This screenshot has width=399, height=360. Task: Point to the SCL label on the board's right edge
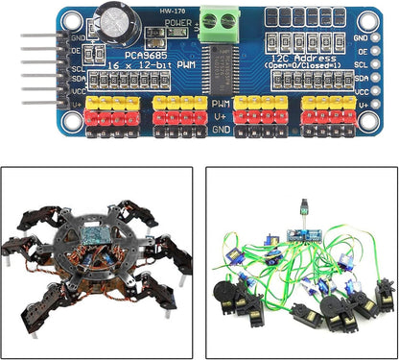pyautogui.click(x=362, y=68)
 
